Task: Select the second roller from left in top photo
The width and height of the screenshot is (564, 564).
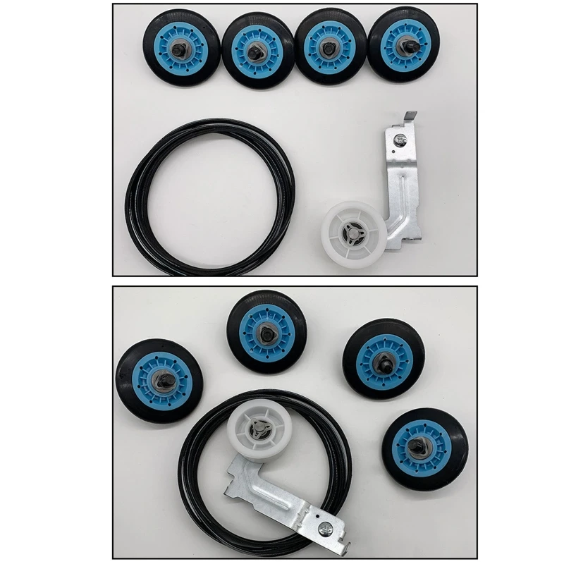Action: [257, 49]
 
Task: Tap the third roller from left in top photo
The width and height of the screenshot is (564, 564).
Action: [329, 47]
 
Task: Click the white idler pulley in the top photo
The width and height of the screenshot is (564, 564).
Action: [356, 231]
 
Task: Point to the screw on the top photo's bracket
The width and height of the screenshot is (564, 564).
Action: [400, 139]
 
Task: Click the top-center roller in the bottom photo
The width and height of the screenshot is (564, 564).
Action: [266, 331]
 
